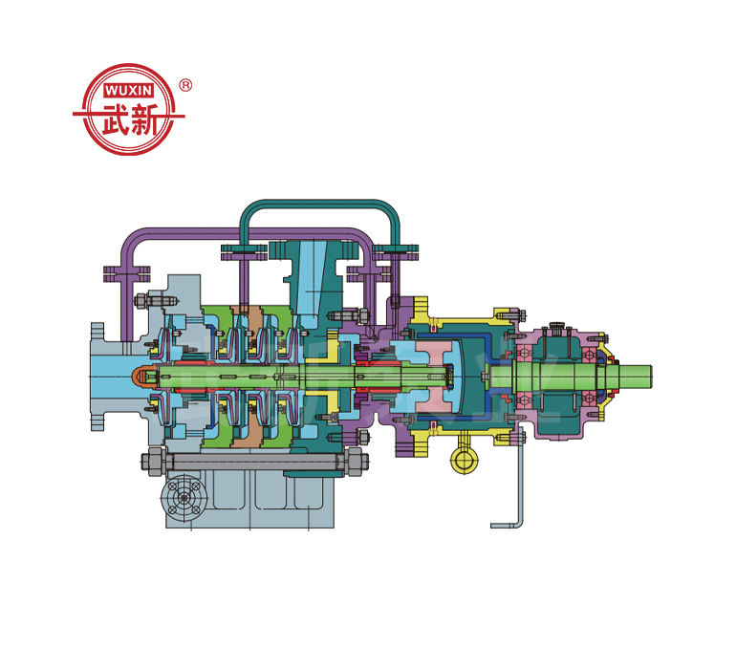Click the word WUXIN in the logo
128,90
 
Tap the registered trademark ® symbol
185,85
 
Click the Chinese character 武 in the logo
115,119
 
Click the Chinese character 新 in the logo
144,119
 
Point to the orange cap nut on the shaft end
141,377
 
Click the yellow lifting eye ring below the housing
464,460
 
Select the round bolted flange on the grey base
184,498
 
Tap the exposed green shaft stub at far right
635,377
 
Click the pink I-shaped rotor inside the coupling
434,377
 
